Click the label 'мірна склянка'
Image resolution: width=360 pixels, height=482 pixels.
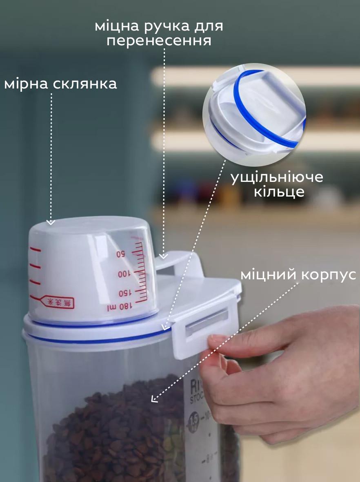[x=60, y=84]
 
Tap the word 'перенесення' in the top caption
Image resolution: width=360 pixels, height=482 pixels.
[x=159, y=41]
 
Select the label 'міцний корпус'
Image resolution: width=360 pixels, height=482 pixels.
[x=298, y=274]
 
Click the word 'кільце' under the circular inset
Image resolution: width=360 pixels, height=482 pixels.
[x=279, y=191]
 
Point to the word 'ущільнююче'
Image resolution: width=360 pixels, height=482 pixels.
[x=277, y=177]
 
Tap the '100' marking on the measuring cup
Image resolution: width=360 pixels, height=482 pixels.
[x=123, y=274]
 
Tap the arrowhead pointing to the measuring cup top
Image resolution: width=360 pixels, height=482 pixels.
[x=50, y=222]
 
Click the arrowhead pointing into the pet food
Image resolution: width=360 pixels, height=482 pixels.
[x=154, y=398]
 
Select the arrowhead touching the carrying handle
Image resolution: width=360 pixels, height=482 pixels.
[x=163, y=256]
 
